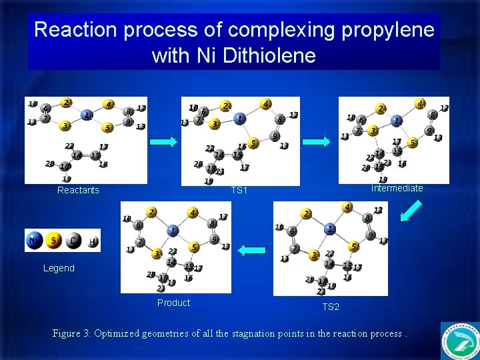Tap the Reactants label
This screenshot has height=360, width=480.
[x=78, y=191]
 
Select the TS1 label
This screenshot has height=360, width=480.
[x=239, y=191]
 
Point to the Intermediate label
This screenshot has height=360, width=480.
[x=397, y=189]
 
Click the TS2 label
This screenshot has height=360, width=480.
[x=331, y=307]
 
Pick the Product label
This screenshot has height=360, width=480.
[x=173, y=303]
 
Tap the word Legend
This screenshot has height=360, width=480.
[x=59, y=268]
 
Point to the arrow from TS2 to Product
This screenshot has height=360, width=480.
[x=252, y=250]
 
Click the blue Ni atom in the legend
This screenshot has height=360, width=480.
[x=35, y=241]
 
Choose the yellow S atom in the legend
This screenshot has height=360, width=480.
[x=54, y=241]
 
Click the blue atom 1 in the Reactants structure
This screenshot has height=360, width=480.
[x=87, y=115]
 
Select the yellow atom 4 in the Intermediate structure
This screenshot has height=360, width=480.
[x=420, y=104]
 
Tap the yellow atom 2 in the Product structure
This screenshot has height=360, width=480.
[x=152, y=212]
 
